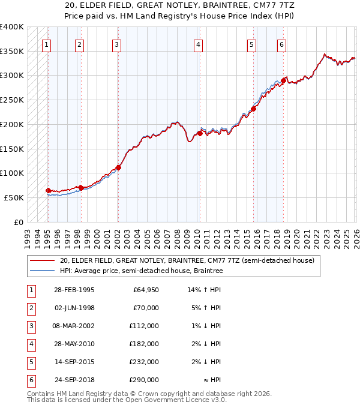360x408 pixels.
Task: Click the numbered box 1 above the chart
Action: click(x=46, y=44)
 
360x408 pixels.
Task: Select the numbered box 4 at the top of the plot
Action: click(x=197, y=44)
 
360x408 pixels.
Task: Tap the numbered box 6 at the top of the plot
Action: click(x=281, y=44)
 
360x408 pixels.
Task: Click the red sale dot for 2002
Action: click(x=118, y=167)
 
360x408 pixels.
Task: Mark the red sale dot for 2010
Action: click(x=200, y=133)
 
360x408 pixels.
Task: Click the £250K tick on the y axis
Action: click(x=12, y=100)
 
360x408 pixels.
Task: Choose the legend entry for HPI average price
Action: click(x=141, y=271)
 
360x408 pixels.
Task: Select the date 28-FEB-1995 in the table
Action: click(x=74, y=290)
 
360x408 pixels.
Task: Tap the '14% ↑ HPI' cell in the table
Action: click(x=204, y=290)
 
